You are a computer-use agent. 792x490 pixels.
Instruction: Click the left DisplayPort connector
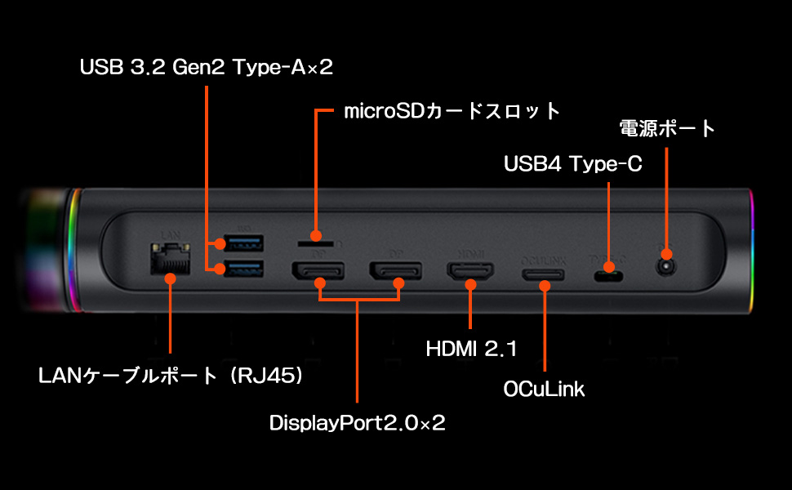point(318,272)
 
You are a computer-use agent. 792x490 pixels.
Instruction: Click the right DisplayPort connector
point(396,272)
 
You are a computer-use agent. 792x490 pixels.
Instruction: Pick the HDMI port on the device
point(470,272)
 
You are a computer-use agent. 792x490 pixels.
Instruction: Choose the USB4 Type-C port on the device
point(608,276)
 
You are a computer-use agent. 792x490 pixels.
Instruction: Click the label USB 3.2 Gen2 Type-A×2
point(207,67)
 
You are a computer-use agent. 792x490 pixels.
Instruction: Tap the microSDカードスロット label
point(452,110)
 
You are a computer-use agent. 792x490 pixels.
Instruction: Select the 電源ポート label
point(667,128)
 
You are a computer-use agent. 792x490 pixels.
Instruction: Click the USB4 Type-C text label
point(573,164)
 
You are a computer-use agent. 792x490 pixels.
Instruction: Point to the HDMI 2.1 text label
point(472,350)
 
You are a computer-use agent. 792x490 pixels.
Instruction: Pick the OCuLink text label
point(545,389)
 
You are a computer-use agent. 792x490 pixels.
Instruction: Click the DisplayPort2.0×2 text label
point(358,423)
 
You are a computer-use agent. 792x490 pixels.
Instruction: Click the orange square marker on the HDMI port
point(470,284)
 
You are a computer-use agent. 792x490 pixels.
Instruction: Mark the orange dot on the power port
point(666,254)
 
